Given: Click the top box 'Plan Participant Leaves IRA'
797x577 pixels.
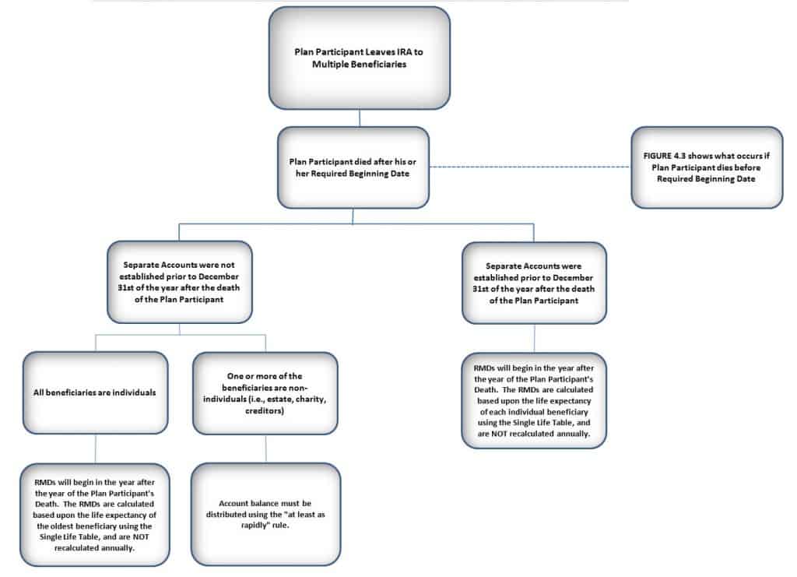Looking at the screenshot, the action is click(360, 58).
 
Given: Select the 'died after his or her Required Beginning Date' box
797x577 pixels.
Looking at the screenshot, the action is click(353, 167).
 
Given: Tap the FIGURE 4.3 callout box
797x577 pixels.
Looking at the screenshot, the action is click(707, 167).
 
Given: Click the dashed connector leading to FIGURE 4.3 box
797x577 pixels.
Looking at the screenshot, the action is click(530, 167).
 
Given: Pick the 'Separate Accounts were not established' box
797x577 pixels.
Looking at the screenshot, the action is click(180, 282).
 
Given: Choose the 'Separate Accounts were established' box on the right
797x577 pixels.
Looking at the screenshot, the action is click(534, 283).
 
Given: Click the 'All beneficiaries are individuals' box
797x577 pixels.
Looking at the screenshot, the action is click(95, 392).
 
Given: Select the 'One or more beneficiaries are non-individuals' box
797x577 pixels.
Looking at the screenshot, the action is click(265, 393).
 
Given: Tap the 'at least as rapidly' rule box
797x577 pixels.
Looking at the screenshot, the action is click(266, 514).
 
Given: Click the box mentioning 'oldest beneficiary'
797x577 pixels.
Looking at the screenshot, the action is click(94, 515).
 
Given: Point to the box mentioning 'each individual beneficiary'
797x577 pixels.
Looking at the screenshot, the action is click(534, 400).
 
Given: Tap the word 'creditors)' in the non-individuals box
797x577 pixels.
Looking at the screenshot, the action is click(265, 411).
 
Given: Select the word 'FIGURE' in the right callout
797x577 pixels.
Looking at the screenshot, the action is click(657, 156).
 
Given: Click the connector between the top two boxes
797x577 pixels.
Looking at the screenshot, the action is click(360, 118).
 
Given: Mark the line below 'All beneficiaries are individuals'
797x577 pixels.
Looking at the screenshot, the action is click(95, 449).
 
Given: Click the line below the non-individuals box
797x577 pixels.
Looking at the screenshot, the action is click(266, 449).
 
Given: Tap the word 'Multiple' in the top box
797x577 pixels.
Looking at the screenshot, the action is click(331, 65).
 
